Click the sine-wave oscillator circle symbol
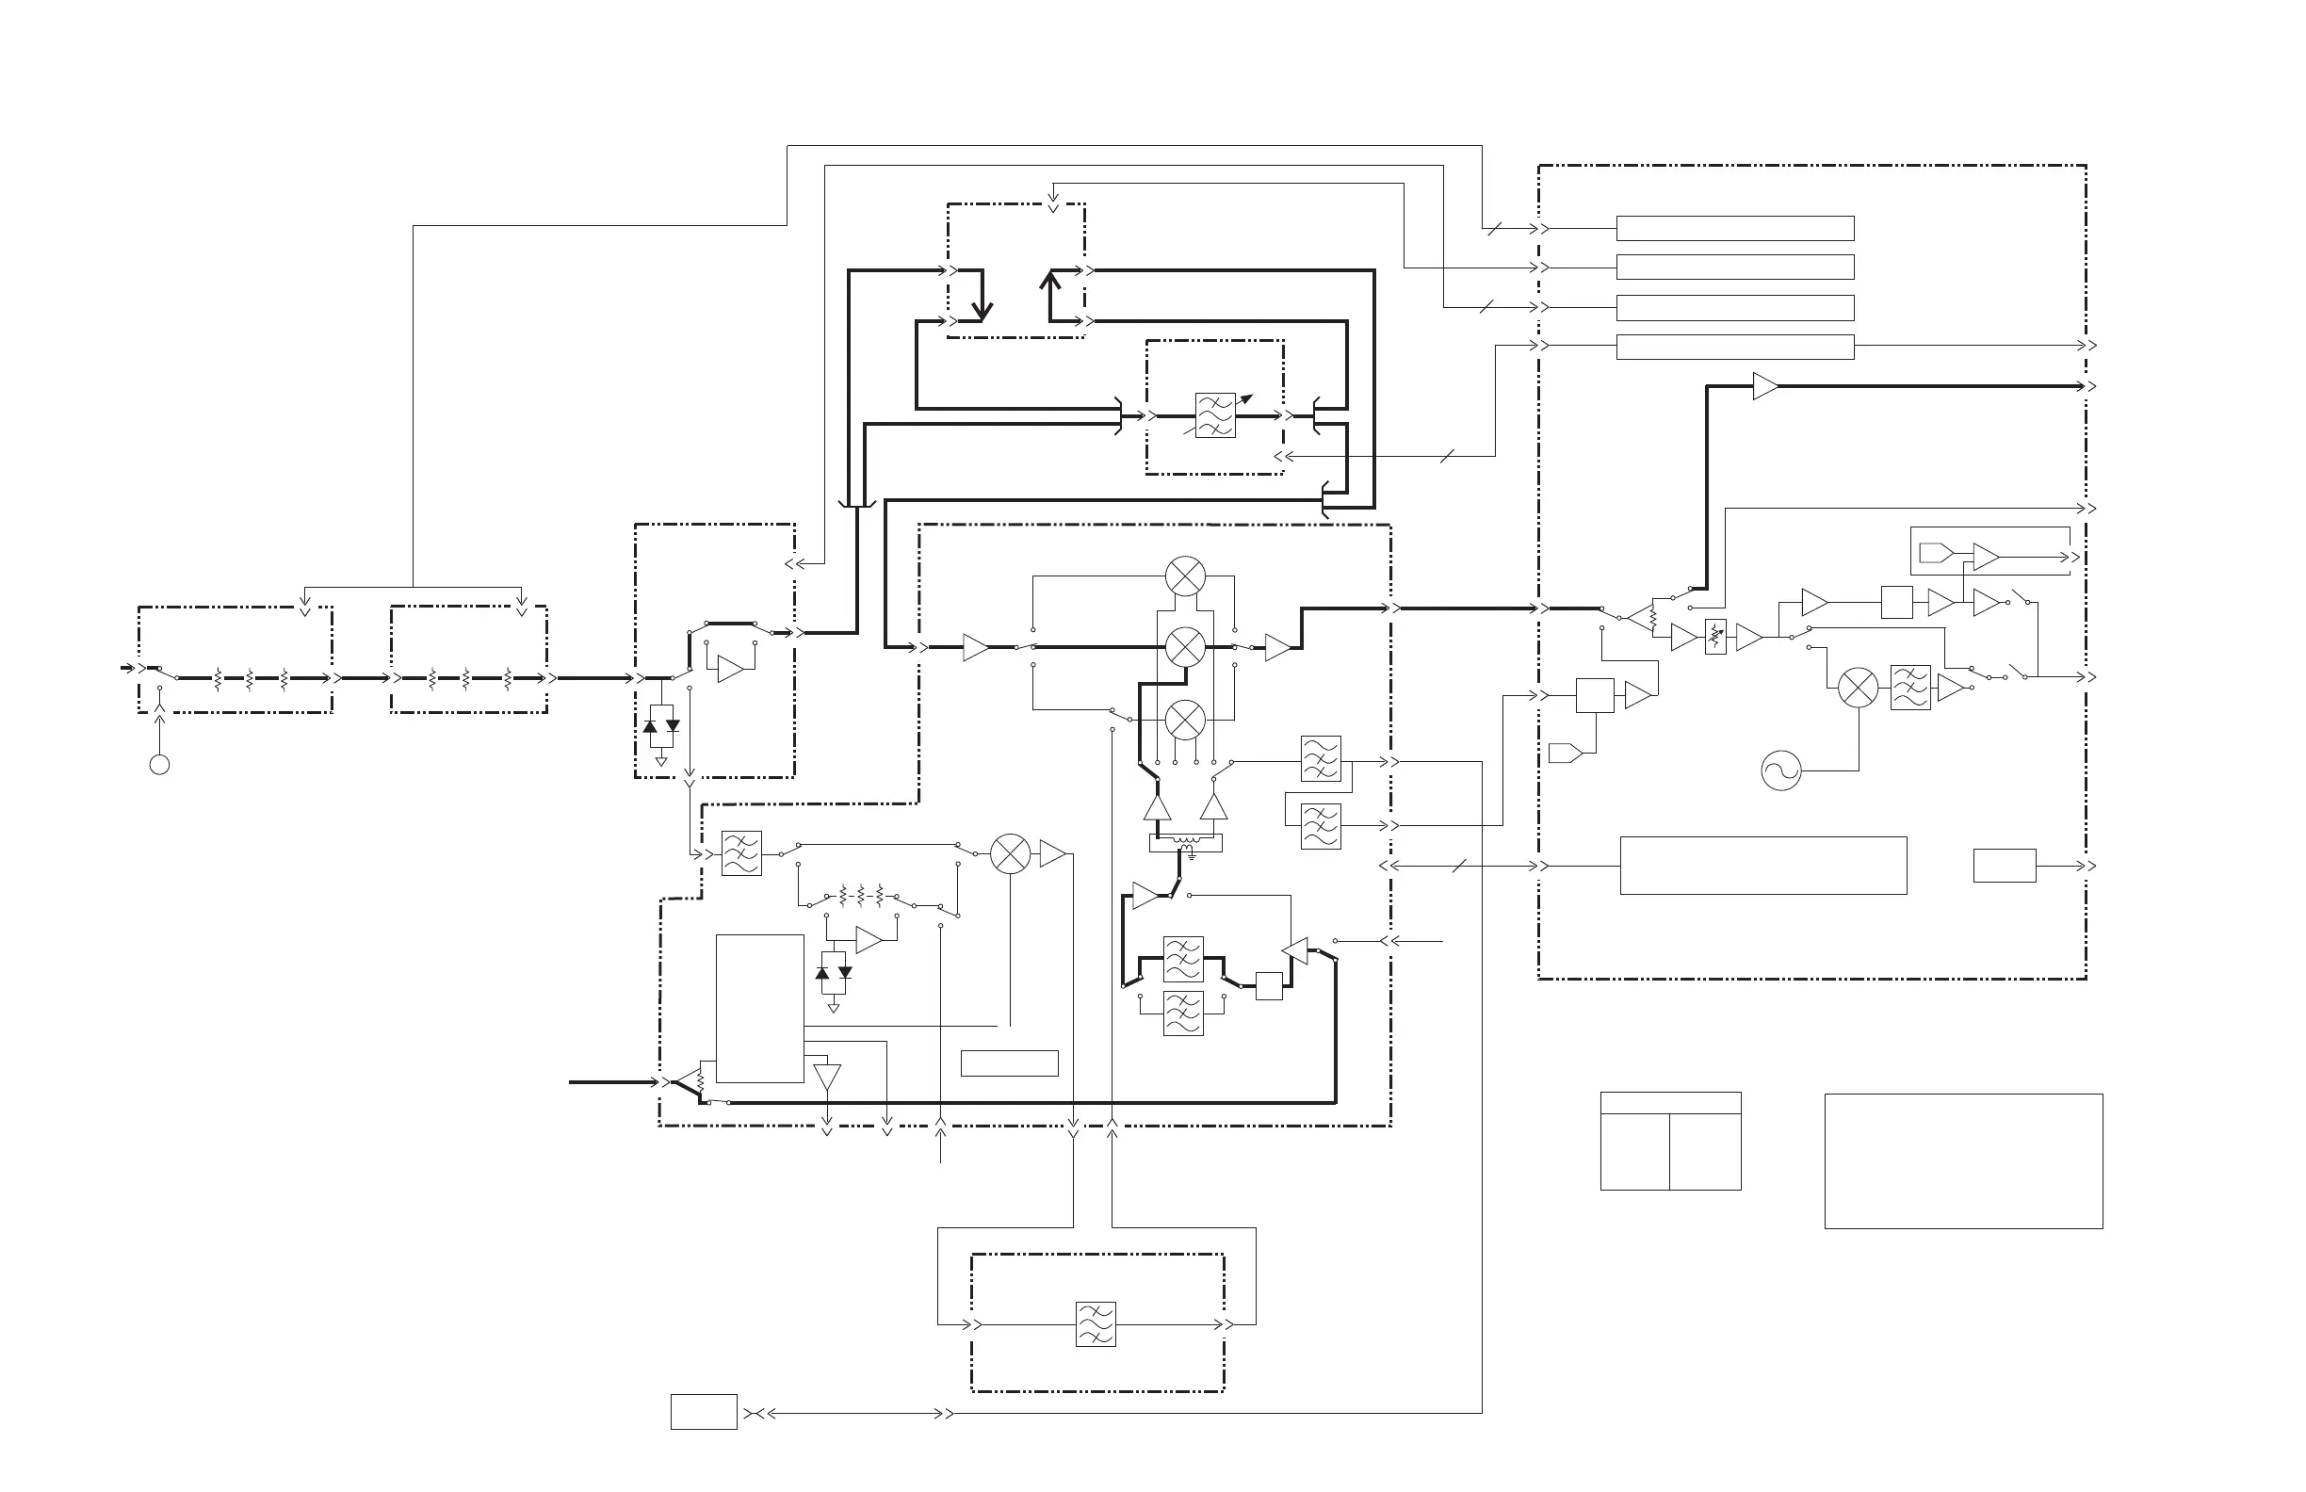click(x=1779, y=771)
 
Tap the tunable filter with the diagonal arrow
click(x=1215, y=415)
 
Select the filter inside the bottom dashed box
click(x=1095, y=1324)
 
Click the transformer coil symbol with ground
click(x=1186, y=843)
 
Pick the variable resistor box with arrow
click(x=1715, y=638)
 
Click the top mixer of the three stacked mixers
click(x=1185, y=576)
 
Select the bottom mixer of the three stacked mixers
click(x=1185, y=720)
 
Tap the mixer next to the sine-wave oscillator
click(x=1858, y=688)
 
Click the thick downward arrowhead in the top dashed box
click(x=982, y=312)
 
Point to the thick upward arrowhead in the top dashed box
click(x=1050, y=280)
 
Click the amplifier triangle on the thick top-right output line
click(x=1765, y=386)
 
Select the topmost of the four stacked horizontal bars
click(x=1734, y=229)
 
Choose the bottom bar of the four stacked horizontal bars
click(x=1734, y=347)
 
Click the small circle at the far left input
click(x=160, y=766)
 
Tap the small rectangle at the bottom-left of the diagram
click(x=704, y=1413)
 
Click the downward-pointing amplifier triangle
click(x=826, y=1077)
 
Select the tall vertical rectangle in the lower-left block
click(x=759, y=1009)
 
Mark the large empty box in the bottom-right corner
click(x=1963, y=1161)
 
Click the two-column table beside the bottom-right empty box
click(x=1670, y=1142)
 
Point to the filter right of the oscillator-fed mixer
click(x=1909, y=688)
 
